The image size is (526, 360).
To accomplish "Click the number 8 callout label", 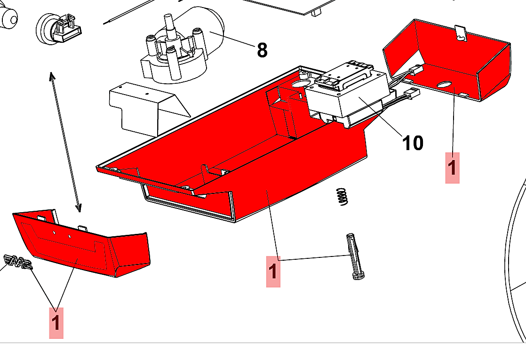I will click(262, 49).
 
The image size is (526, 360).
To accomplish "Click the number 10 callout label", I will click(413, 142).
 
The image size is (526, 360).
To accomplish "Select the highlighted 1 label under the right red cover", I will click(452, 168).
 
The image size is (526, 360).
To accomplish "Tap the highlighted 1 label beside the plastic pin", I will click(273, 272).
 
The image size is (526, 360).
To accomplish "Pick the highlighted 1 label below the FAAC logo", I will click(56, 323).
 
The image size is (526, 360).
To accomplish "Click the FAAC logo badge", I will click(18, 262).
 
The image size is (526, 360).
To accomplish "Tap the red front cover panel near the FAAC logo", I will click(80, 245).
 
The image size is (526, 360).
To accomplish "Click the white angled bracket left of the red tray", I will click(141, 106).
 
